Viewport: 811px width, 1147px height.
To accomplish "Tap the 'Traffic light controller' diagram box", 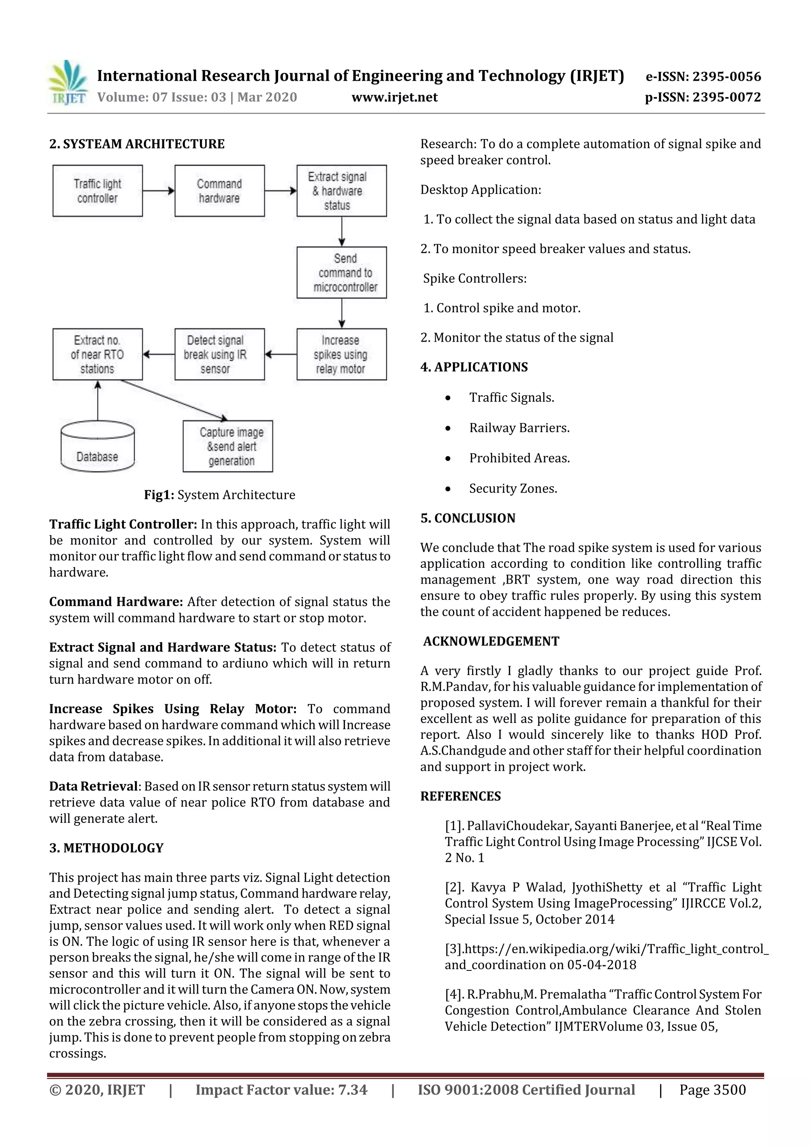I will [97, 191].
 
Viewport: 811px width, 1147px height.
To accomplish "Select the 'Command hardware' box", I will [219, 191].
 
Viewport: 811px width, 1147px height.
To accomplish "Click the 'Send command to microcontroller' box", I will [341, 272].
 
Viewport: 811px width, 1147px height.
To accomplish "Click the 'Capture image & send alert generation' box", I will [228, 446].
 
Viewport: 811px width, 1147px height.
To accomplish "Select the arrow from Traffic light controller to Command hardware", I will [158, 190].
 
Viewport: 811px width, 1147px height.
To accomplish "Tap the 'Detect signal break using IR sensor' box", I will [219, 354].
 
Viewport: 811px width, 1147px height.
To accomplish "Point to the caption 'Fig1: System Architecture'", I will [219, 495].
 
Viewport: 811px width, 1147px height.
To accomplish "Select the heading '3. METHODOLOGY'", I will [107, 848].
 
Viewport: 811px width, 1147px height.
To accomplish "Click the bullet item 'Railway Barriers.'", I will [519, 428].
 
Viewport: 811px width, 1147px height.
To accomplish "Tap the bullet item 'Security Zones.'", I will [513, 488].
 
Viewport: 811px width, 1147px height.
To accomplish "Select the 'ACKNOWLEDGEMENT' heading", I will [491, 641].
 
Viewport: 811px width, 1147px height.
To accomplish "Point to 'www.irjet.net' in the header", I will [394, 97].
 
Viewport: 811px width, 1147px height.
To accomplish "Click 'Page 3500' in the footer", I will [712, 1090].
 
